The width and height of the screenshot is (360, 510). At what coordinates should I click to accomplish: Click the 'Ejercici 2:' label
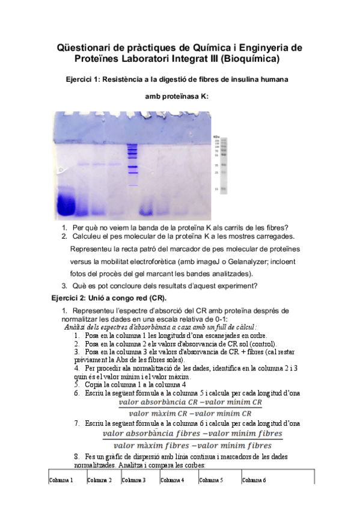pyautogui.click(x=72, y=298)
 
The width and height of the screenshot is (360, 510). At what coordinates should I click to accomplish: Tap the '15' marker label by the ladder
pyautogui.click(x=216, y=189)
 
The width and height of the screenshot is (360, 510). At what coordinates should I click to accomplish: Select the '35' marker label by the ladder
pyautogui.click(x=216, y=164)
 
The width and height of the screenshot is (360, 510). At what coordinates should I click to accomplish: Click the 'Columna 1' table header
pyautogui.click(x=61, y=480)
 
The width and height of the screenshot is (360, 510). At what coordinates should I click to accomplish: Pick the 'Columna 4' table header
pyautogui.click(x=172, y=480)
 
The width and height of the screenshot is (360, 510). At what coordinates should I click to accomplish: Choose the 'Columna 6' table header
pyautogui.click(x=254, y=480)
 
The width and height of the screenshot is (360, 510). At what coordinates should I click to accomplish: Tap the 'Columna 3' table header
pyautogui.click(x=133, y=480)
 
